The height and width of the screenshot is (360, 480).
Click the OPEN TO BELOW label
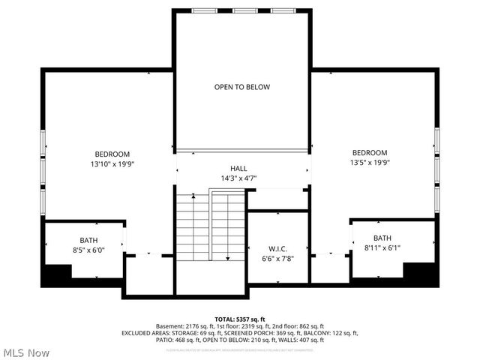(x=241, y=87)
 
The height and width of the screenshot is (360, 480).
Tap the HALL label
(x=238, y=169)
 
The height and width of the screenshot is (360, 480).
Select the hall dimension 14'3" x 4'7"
(x=238, y=178)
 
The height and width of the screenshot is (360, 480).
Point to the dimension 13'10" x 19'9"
(x=112, y=163)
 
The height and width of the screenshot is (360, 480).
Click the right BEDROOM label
(x=370, y=152)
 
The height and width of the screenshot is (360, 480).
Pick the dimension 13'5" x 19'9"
(x=370, y=162)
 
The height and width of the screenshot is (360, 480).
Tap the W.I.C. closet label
(x=277, y=248)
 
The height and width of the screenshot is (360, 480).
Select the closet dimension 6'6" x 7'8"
(x=277, y=259)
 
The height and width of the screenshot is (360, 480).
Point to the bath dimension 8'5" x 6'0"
(x=88, y=250)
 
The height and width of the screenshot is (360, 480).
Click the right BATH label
(x=382, y=238)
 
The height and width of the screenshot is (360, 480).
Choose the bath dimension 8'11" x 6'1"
(x=382, y=247)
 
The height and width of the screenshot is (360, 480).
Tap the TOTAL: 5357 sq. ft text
(x=240, y=319)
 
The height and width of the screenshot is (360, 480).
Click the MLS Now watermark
(x=27, y=352)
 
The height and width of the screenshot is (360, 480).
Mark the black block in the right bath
(x=419, y=271)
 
